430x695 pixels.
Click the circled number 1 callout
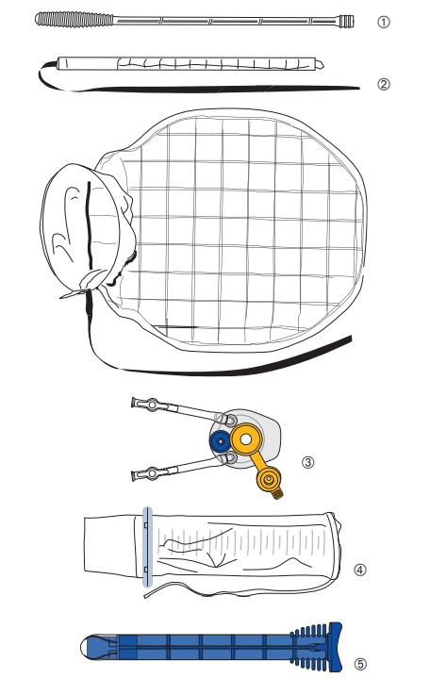(x=384, y=22)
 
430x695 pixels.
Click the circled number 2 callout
(x=384, y=84)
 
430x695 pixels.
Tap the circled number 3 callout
(x=307, y=462)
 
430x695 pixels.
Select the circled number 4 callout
(x=360, y=570)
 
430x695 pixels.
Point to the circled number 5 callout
(x=360, y=664)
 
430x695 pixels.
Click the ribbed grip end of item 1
(x=74, y=20)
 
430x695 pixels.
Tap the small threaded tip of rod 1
(x=347, y=21)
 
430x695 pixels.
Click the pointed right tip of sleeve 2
(x=319, y=64)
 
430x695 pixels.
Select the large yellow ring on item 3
(x=246, y=439)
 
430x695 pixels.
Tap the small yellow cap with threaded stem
(x=270, y=481)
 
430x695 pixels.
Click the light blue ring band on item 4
(x=148, y=547)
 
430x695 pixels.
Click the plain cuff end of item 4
(x=113, y=546)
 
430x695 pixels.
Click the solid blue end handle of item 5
(x=336, y=646)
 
